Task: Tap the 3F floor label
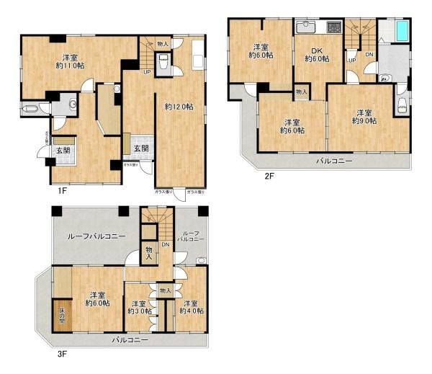(62, 354)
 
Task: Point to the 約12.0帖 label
(179, 107)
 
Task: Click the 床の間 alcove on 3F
(62, 314)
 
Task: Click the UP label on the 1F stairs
(147, 72)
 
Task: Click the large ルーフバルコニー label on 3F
(97, 236)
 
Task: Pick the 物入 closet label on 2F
(301, 92)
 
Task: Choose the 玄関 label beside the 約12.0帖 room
(141, 149)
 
